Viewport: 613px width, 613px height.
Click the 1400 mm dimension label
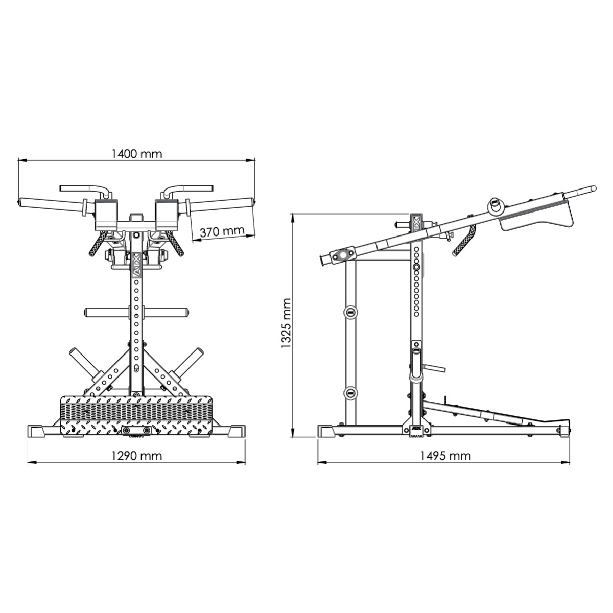click(137, 153)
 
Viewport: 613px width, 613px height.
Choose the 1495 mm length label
click(445, 455)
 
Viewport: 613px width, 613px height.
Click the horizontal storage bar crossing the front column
click(136, 312)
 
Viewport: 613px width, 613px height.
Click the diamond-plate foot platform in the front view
click(136, 415)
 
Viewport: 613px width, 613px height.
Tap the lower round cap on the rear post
click(350, 392)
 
